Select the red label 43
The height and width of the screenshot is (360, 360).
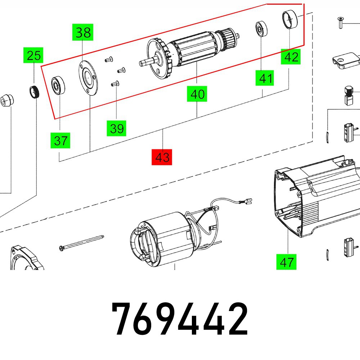(162, 157)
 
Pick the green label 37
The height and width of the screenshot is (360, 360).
(60, 140)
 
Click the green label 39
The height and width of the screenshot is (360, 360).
(117, 128)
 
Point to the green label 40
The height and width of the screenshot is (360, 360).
(197, 95)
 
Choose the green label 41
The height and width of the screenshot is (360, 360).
(265, 78)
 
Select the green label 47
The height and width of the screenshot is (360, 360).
(287, 262)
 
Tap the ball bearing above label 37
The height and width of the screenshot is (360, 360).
(57, 85)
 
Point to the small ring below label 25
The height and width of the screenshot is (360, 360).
(33, 93)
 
